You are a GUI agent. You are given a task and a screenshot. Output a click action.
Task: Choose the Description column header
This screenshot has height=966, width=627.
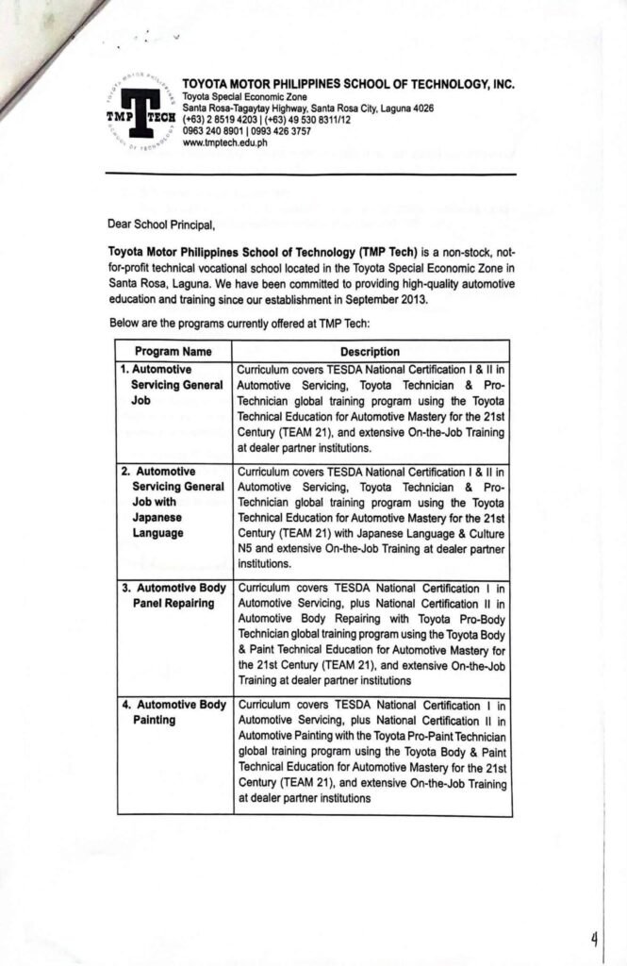[371, 352]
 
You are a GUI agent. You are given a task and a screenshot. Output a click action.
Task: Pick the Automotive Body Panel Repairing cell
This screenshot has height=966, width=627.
[175, 595]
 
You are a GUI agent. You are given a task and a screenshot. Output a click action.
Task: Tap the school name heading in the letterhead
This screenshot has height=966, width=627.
[348, 84]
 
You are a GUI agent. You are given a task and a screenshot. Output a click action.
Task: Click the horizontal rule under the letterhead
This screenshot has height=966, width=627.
[310, 175]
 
